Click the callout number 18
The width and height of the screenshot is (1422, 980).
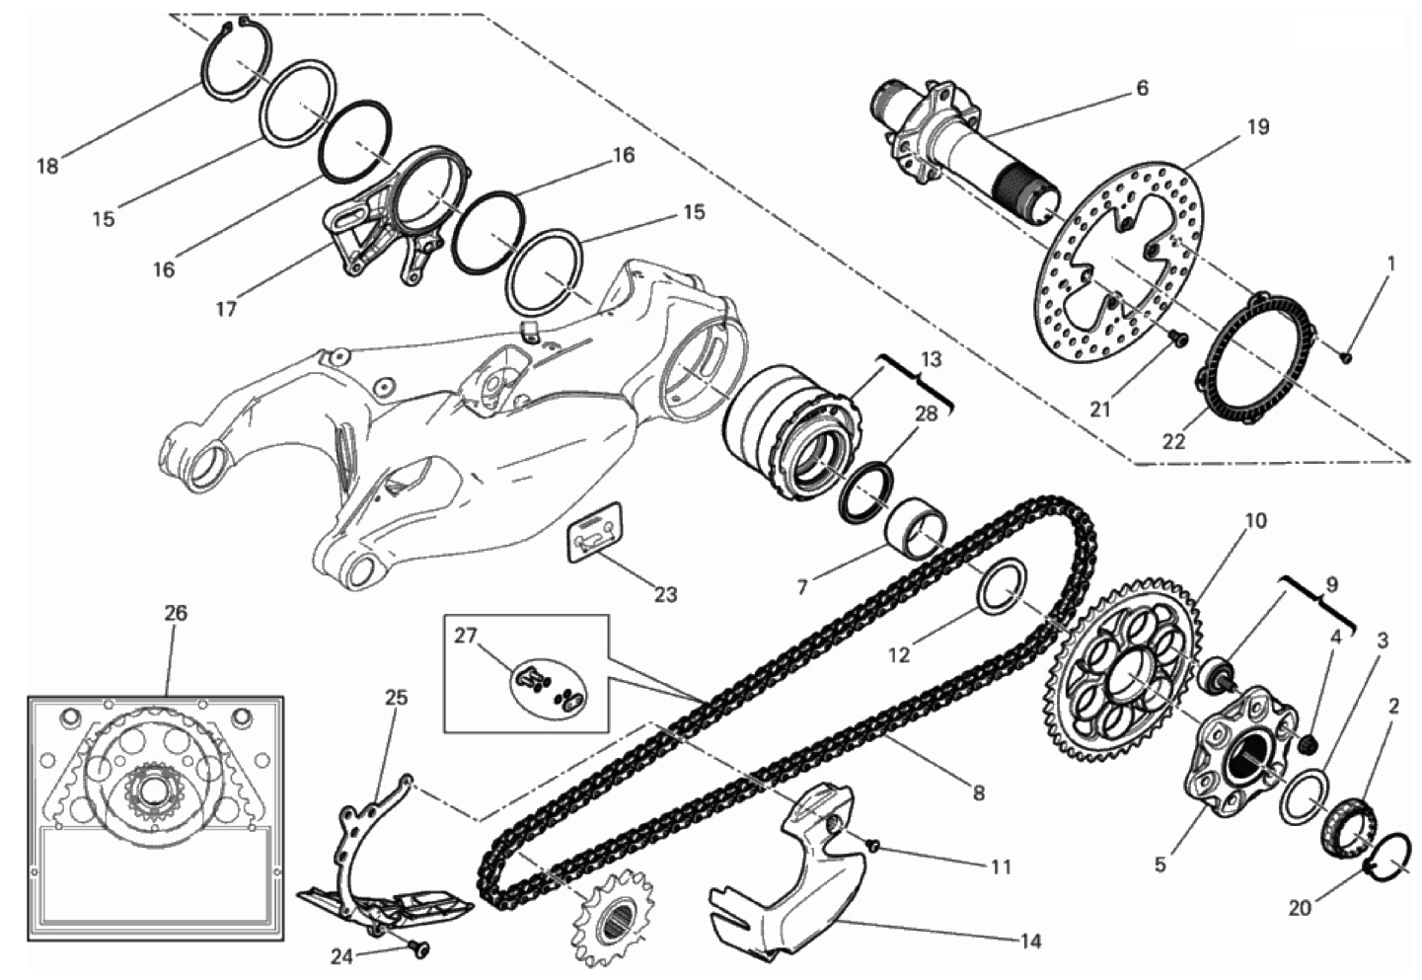click(x=47, y=167)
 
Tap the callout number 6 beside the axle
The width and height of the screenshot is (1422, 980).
click(x=1142, y=88)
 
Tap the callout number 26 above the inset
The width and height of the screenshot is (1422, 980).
click(x=176, y=613)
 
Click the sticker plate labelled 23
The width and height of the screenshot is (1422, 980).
click(x=594, y=532)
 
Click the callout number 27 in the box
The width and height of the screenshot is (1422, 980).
click(x=466, y=636)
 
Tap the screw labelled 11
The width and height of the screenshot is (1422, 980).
click(x=873, y=844)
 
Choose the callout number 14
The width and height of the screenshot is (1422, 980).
click(x=1031, y=941)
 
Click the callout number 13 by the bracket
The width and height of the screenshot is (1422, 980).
click(x=932, y=359)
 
